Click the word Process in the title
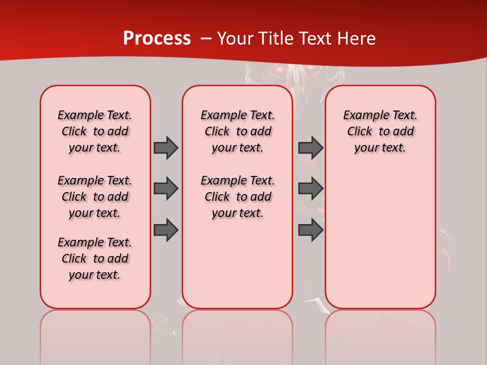(x=157, y=39)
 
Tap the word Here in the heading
(x=357, y=39)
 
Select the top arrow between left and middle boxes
(x=166, y=148)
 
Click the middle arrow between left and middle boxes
(x=166, y=189)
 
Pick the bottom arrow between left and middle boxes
(x=166, y=230)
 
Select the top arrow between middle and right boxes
(x=310, y=148)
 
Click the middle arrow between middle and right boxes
(x=310, y=189)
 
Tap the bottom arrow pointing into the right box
(x=310, y=230)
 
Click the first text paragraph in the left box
(x=95, y=131)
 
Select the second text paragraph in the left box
(x=95, y=197)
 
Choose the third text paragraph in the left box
(x=95, y=259)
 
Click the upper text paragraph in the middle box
(x=237, y=131)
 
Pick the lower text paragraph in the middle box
(x=237, y=197)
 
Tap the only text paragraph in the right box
(x=380, y=131)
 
